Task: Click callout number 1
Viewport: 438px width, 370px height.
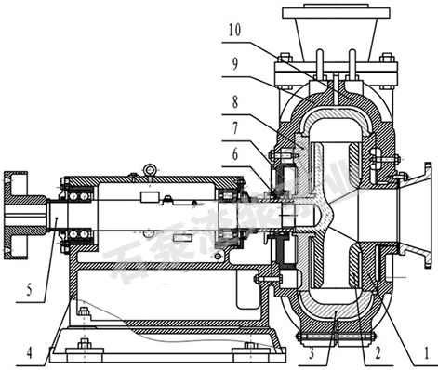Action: pyautogui.click(x=425, y=353)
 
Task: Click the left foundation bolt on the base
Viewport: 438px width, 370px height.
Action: pyautogui.click(x=83, y=348)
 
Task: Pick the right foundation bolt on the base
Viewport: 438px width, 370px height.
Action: pyautogui.click(x=249, y=348)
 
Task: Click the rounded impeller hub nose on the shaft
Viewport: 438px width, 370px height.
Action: pyautogui.click(x=320, y=216)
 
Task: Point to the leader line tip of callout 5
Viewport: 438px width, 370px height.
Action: pyautogui.click(x=58, y=216)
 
